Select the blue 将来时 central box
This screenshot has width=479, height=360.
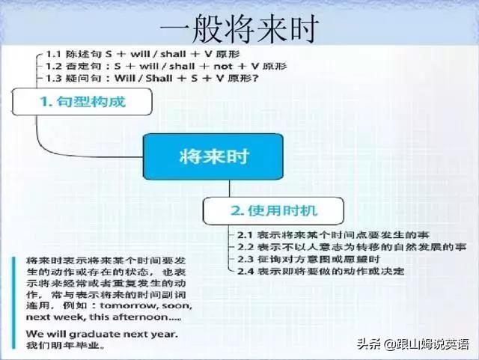[x=214, y=156]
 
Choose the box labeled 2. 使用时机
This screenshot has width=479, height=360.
[x=274, y=208]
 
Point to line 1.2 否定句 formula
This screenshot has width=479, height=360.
[x=165, y=66]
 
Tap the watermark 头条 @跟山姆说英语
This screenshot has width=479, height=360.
[x=412, y=345]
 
